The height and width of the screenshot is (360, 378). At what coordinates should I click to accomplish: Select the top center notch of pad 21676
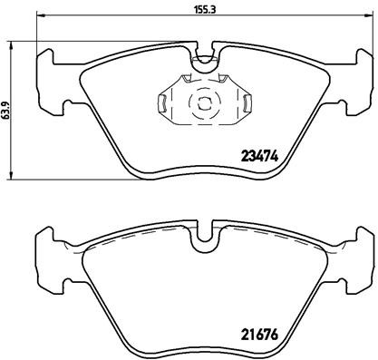pos(204,237)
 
